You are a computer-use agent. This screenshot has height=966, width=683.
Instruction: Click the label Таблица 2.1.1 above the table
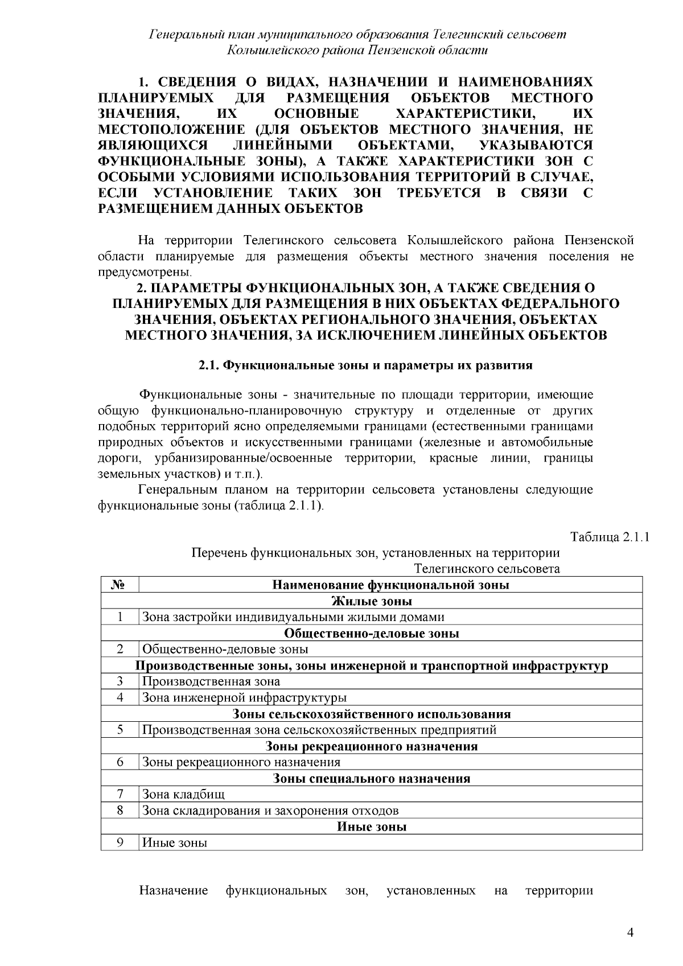pyautogui.click(x=610, y=537)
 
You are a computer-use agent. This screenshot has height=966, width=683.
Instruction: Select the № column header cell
pyautogui.click(x=120, y=585)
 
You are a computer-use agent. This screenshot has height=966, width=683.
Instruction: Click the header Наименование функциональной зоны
pyautogui.click(x=390, y=585)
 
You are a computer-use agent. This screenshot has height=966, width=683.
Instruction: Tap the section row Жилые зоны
pyautogui.click(x=372, y=601)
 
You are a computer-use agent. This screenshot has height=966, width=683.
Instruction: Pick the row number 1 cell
pyautogui.click(x=120, y=617)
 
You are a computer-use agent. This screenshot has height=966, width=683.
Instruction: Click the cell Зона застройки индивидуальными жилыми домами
pyautogui.click(x=293, y=617)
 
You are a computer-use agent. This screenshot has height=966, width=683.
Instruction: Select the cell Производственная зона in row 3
pyautogui.click(x=211, y=681)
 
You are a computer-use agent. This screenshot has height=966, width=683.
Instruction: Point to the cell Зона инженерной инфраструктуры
pyautogui.click(x=244, y=697)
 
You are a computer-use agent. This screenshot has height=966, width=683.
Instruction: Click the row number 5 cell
pyautogui.click(x=120, y=730)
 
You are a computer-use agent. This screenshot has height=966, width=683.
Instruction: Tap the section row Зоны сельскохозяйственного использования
pyautogui.click(x=372, y=714)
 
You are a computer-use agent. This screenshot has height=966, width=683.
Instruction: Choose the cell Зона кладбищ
pyautogui.click(x=183, y=794)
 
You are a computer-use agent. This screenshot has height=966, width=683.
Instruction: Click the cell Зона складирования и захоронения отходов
pyautogui.click(x=270, y=811)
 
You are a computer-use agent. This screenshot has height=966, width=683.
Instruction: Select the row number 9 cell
pyautogui.click(x=120, y=842)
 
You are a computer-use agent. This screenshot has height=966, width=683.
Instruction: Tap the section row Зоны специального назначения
pyautogui.click(x=372, y=778)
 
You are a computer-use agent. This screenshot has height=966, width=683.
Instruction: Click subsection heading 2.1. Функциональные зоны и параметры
pyautogui.click(x=365, y=365)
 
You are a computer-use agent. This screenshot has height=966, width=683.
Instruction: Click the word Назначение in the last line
pyautogui.click(x=174, y=891)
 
